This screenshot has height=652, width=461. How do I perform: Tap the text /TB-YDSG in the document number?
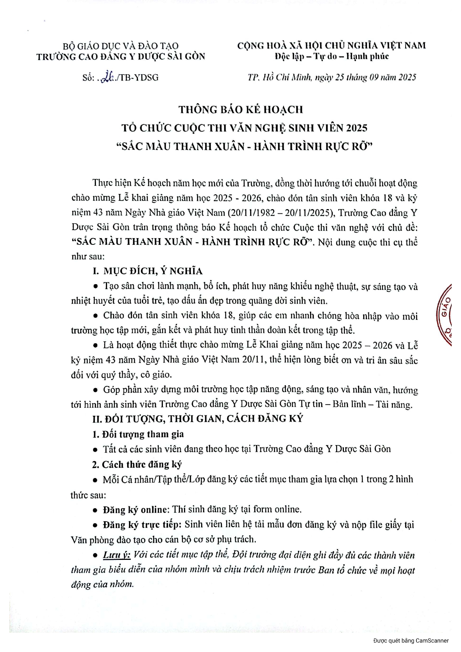pyautogui.click(x=139, y=77)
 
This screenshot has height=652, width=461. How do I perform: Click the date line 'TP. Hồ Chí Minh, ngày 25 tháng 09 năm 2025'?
pyautogui.click(x=332, y=77)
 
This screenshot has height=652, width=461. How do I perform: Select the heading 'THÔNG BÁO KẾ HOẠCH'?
pyautogui.click(x=241, y=110)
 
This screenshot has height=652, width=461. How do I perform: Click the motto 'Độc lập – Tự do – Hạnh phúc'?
pyautogui.click(x=332, y=56)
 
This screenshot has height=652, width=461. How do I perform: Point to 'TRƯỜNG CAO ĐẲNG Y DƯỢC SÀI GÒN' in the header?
pyautogui.click(x=121, y=56)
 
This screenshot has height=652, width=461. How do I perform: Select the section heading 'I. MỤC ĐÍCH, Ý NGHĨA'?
pyautogui.click(x=148, y=271)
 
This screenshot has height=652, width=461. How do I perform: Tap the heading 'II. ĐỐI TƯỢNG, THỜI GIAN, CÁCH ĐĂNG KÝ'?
pyautogui.click(x=198, y=419)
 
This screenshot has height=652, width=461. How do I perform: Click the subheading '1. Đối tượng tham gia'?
pyautogui.click(x=138, y=434)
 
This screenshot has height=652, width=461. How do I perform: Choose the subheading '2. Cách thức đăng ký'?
pyautogui.click(x=137, y=464)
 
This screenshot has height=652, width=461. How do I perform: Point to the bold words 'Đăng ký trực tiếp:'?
pyautogui.click(x=142, y=525)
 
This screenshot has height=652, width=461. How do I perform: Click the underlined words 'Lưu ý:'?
pyautogui.click(x=117, y=555)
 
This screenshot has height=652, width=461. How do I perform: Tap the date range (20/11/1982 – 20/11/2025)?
pyautogui.click(x=281, y=213)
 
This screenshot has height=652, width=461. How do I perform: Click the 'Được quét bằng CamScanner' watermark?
pyautogui.click(x=411, y=640)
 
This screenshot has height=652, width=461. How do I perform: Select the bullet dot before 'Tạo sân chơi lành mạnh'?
pyautogui.click(x=96, y=286)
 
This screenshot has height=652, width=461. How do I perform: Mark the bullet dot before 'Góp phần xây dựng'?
pyautogui.click(x=96, y=390)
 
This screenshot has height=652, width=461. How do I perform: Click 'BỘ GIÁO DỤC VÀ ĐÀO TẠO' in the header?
pyautogui.click(x=121, y=46)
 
